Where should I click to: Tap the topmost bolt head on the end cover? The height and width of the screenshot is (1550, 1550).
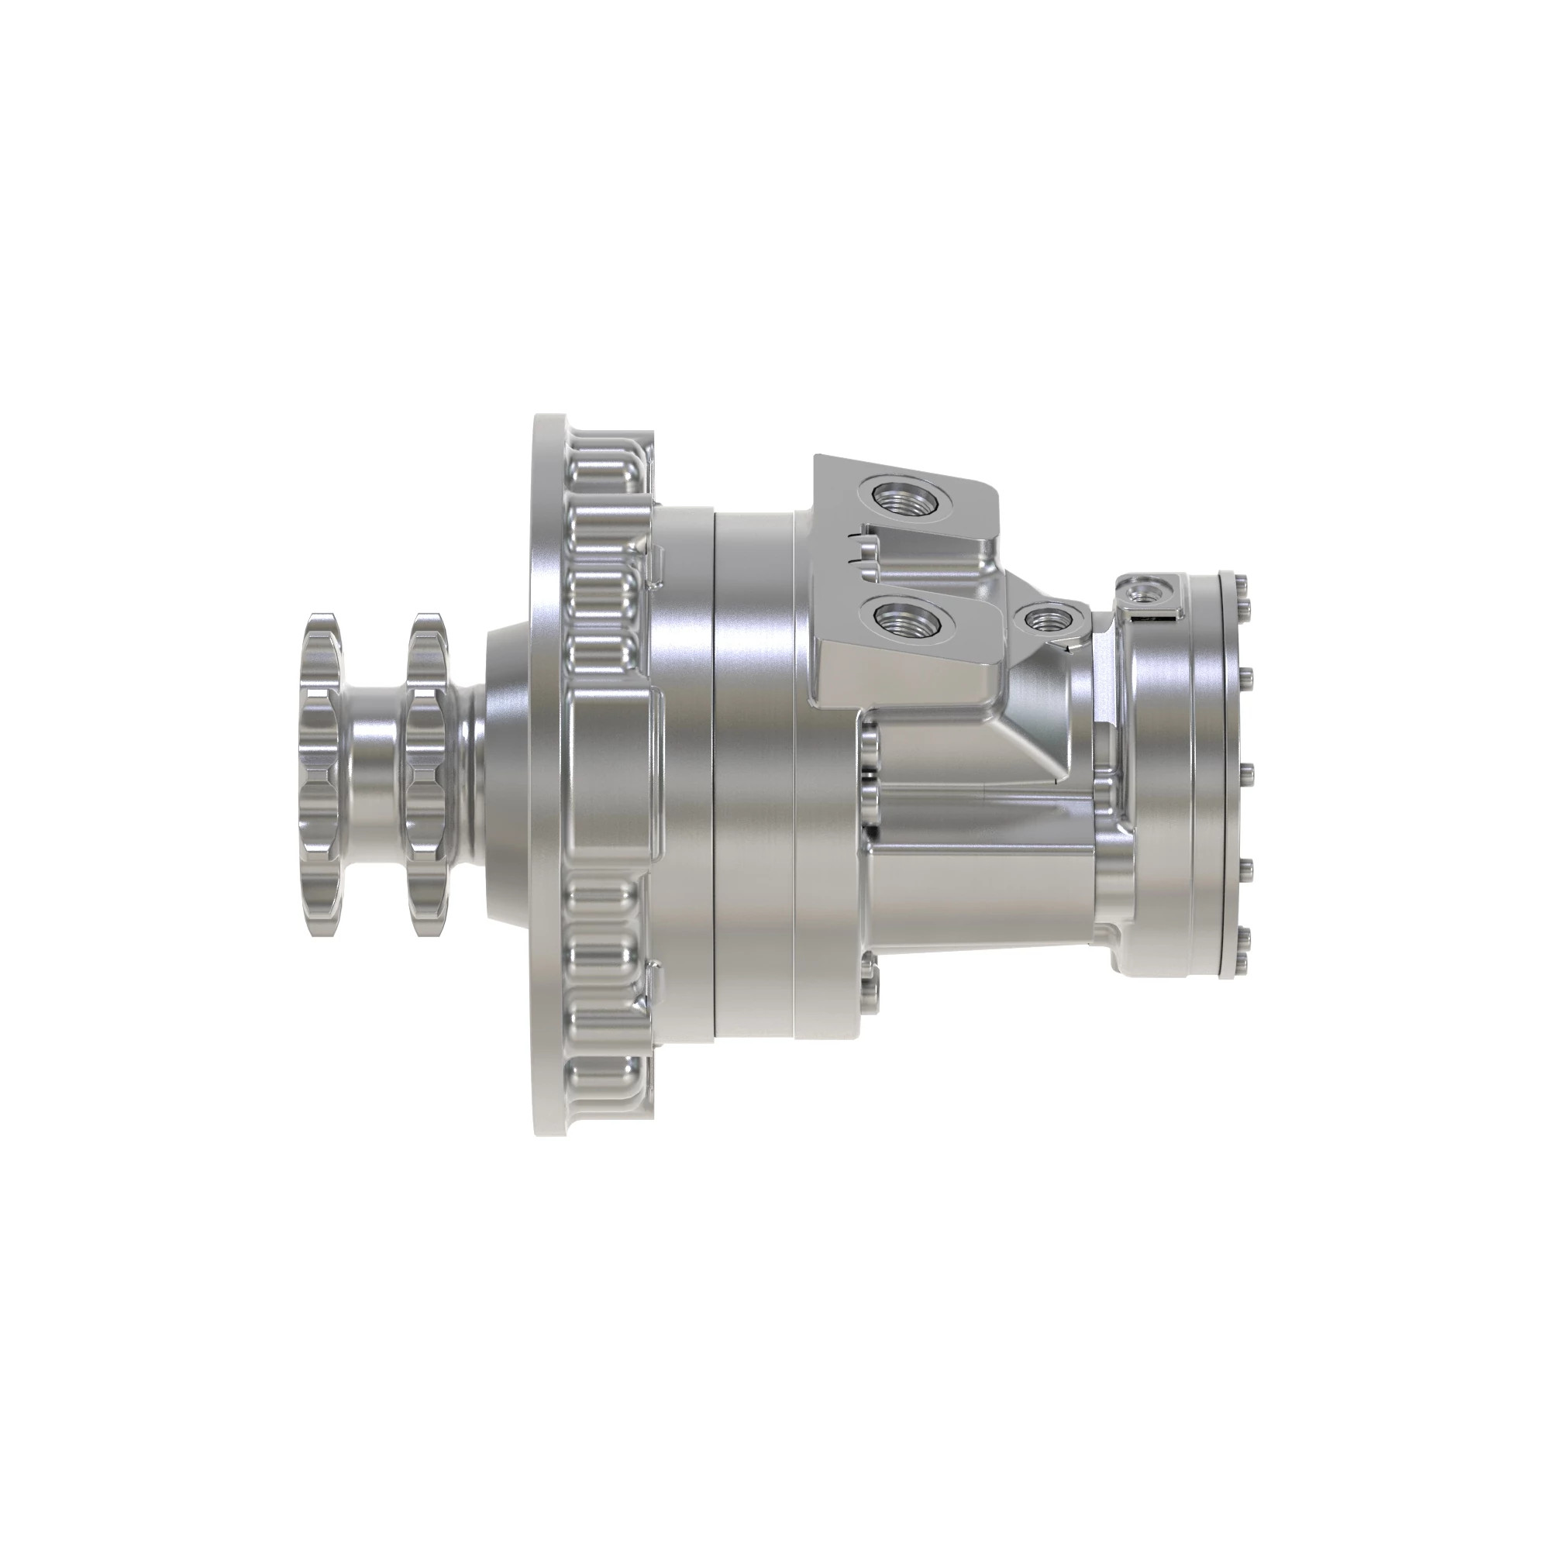click(1240, 583)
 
